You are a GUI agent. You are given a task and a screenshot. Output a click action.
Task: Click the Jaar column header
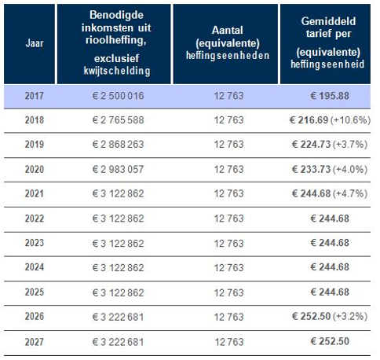[35, 43]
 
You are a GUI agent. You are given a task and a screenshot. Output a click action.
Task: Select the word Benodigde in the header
[116, 15]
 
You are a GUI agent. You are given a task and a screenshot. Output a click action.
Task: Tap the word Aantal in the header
[228, 30]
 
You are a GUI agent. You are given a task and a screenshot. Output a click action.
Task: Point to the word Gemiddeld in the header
[328, 21]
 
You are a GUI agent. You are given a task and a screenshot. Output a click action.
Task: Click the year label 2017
[35, 96]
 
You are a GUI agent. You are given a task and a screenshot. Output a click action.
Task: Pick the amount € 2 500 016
[118, 96]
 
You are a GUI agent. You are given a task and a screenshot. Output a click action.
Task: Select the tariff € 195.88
[330, 96]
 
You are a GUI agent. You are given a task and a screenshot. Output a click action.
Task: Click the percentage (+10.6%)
[350, 120]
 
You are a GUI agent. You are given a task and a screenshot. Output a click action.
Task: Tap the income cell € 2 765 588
[118, 120]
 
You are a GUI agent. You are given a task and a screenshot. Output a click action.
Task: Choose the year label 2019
[35, 144]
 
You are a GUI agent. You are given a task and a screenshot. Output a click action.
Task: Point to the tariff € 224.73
[312, 144]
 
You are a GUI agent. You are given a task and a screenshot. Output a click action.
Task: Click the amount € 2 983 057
[118, 169]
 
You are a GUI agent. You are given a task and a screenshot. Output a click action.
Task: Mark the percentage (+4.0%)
[350, 169]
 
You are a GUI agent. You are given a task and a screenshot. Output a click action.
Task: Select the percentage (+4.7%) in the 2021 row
[350, 193]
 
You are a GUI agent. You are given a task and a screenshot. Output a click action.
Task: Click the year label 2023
[35, 243]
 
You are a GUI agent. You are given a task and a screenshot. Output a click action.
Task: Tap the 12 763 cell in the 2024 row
[228, 267]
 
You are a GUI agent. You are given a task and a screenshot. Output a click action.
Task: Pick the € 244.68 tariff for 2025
[330, 292]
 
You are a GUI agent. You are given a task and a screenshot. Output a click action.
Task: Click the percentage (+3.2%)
[350, 316]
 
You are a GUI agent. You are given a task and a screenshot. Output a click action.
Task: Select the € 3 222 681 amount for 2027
[118, 342]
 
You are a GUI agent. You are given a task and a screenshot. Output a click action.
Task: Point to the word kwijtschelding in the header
[117, 71]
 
